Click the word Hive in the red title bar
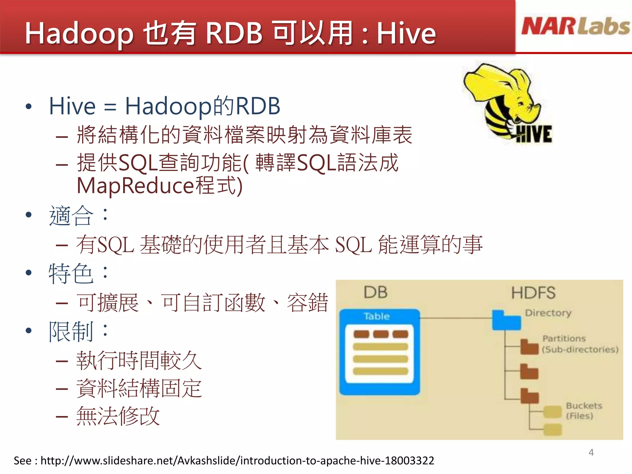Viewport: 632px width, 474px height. [406, 33]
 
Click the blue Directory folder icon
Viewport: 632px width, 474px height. [506, 321]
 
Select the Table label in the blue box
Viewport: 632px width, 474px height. [376, 316]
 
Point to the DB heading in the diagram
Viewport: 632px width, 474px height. [375, 292]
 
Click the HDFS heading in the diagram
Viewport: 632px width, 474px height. [533, 293]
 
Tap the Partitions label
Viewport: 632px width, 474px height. [564, 339]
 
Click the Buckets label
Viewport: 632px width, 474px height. [584, 405]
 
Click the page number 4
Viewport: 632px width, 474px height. [591, 452]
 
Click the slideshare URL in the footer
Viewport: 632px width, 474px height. [237, 461]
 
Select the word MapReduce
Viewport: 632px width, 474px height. [135, 186]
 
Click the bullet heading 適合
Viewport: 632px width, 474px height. [71, 216]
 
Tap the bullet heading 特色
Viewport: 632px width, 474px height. [71, 274]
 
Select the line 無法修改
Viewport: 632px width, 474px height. [118, 416]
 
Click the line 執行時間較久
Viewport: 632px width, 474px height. [139, 360]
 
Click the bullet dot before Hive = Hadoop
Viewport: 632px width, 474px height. [29, 107]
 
